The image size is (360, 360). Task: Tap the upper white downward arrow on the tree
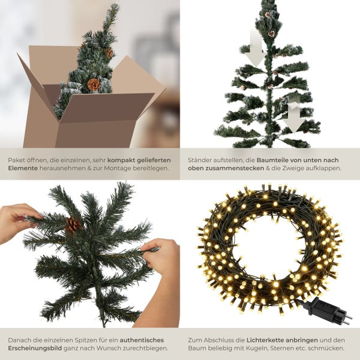click(x=256, y=49)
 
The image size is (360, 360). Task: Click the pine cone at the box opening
click(x=94, y=84)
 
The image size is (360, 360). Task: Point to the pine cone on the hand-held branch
click(x=73, y=225)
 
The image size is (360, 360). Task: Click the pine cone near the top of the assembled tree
click(x=271, y=34)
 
